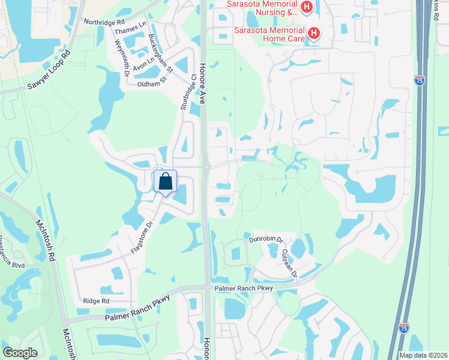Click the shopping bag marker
[165, 181]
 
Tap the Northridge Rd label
[104, 22]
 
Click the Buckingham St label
[160, 53]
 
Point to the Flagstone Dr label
[142, 238]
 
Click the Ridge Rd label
[96, 301]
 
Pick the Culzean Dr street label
[289, 262]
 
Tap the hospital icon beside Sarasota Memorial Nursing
[307, 7]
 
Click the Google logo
[20, 353]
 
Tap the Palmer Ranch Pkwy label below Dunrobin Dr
[244, 289]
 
